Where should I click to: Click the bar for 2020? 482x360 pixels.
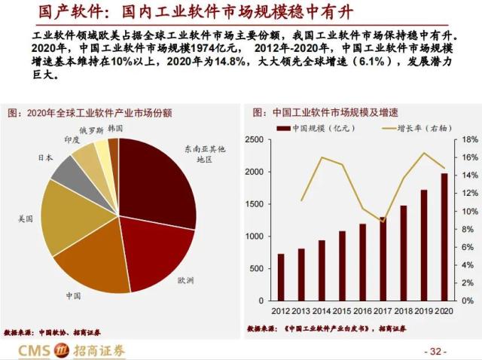(x=444, y=236)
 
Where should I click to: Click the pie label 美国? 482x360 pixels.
(x=26, y=219)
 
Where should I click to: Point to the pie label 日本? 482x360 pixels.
(x=45, y=157)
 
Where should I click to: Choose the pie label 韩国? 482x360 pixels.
(x=115, y=129)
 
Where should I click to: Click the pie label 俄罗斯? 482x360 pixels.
(x=91, y=130)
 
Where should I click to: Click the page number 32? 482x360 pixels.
(x=436, y=352)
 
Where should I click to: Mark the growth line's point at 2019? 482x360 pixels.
(x=423, y=154)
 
